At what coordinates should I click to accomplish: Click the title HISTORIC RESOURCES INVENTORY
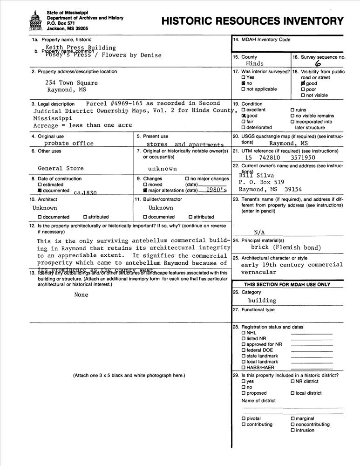[x=252, y=21]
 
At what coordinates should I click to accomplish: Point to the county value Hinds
[x=255, y=63]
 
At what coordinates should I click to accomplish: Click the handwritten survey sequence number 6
[x=318, y=64]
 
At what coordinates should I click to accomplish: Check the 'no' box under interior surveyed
[x=243, y=83]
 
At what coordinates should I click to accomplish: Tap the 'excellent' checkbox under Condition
[x=243, y=110]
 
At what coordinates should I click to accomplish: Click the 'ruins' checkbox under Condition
[x=292, y=110]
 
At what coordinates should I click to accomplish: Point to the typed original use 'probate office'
[x=68, y=143]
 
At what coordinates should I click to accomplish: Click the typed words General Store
[x=61, y=168]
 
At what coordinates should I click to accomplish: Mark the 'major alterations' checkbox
[x=145, y=190]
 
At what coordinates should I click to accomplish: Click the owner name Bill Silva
[x=253, y=175]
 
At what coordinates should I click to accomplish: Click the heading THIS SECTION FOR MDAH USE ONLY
[x=287, y=284]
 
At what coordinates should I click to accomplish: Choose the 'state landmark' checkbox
[x=243, y=356]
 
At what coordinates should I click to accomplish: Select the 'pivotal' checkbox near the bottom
[x=243, y=418]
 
